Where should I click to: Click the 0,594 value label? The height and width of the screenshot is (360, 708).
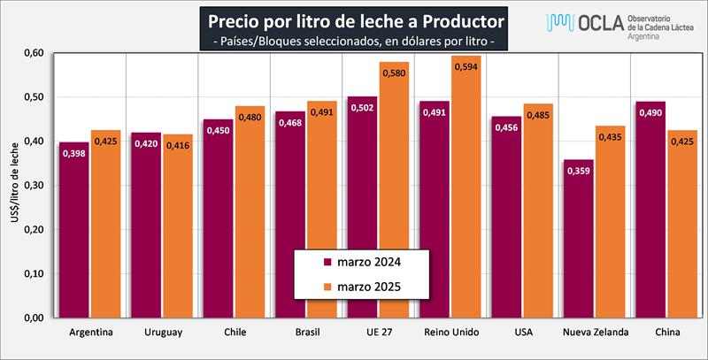click(x=466, y=67)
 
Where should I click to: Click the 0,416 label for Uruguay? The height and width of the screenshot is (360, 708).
click(x=178, y=146)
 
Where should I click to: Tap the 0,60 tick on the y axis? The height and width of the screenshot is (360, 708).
click(x=33, y=53)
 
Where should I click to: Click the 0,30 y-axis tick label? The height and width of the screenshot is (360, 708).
click(x=33, y=186)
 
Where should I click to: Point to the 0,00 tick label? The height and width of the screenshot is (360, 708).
click(x=33, y=318)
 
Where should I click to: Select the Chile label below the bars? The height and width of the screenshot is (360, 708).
click(x=235, y=333)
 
